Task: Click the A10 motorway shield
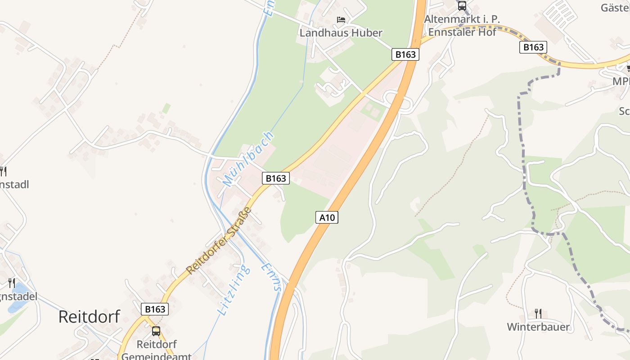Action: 327,217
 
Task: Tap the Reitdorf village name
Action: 89,317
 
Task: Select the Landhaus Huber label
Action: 341,33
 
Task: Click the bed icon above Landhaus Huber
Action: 341,20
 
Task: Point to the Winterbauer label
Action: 538,327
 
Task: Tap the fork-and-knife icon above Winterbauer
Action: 538,313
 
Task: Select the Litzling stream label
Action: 234,290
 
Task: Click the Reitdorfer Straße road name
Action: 219,240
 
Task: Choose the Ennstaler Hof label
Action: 462,32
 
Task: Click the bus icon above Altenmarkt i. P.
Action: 462,6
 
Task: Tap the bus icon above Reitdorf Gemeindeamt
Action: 156,331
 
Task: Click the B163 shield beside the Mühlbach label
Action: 276,178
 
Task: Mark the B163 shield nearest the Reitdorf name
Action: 155,309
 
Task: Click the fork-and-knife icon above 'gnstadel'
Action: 12,283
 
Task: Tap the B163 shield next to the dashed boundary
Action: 533,47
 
